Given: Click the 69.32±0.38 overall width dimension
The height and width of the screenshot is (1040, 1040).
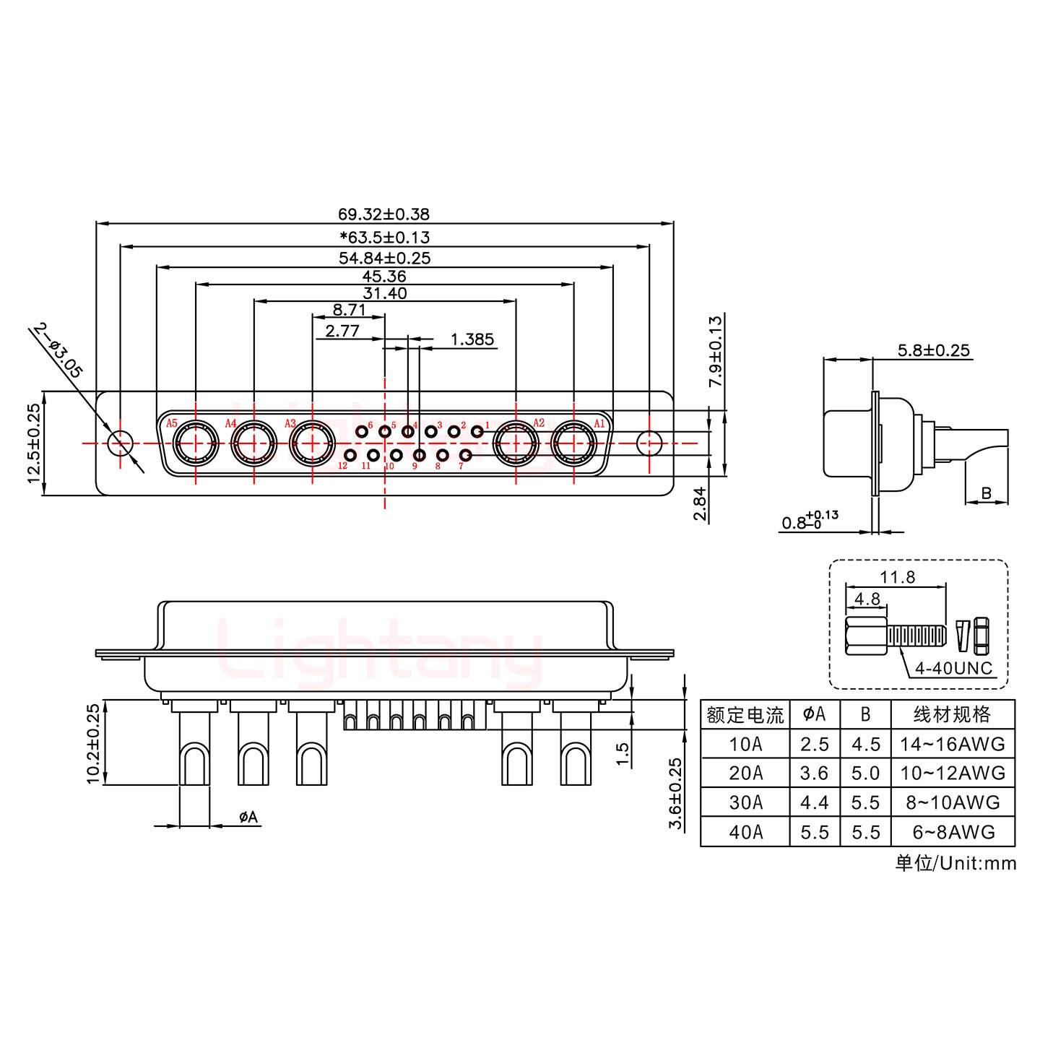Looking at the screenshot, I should pos(383,214).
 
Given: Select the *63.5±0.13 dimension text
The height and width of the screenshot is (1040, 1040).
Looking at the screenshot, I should pos(384,237).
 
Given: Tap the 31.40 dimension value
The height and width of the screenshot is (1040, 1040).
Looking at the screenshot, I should pos(384,293).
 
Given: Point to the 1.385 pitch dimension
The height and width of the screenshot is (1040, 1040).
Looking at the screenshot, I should pos(472,339).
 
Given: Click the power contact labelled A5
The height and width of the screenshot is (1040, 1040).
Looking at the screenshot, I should pos(195,443).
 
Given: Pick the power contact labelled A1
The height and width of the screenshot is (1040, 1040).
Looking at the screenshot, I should pos(573,443).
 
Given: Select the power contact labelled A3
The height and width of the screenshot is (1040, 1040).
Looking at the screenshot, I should pos(312,443).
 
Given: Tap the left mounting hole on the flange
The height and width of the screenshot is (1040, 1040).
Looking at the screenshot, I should pos(120,443).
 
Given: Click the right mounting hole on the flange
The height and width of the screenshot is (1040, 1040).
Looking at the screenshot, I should pos(650,443).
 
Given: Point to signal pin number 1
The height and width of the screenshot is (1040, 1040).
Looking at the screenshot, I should pos(477,432).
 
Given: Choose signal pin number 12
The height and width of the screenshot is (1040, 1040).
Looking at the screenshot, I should pos(351,455).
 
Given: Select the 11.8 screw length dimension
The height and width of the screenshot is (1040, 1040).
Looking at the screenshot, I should pos(898,577).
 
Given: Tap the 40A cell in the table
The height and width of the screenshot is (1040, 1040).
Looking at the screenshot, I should pos(745,832).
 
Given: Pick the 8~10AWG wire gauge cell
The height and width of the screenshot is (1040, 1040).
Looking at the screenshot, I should pos(953,802).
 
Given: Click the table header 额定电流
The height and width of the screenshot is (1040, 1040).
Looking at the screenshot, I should pos(745,715).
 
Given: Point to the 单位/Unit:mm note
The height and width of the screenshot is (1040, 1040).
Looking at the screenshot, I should pos(955,863).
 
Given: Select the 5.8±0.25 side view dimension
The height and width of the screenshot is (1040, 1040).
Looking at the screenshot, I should pos(933,351).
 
